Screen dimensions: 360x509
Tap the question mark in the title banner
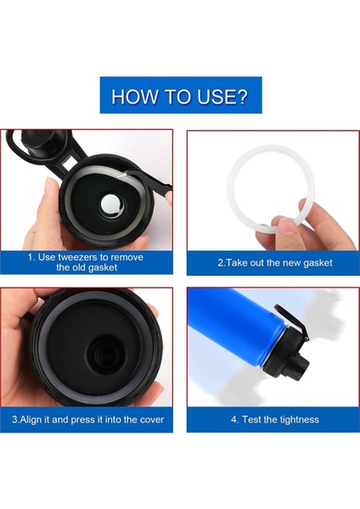pyautogui.click(x=241, y=96)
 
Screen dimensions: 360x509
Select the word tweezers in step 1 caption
pyautogui.click(x=78, y=257)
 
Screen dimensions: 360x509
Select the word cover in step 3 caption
pyautogui.click(x=152, y=420)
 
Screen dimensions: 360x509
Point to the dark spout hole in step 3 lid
pyautogui.click(x=104, y=355)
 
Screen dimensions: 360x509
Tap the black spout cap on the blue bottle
pyautogui.click(x=300, y=367)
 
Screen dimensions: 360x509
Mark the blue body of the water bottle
pyautogui.click(x=235, y=327)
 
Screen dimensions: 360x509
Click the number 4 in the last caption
pyautogui.click(x=233, y=419)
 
